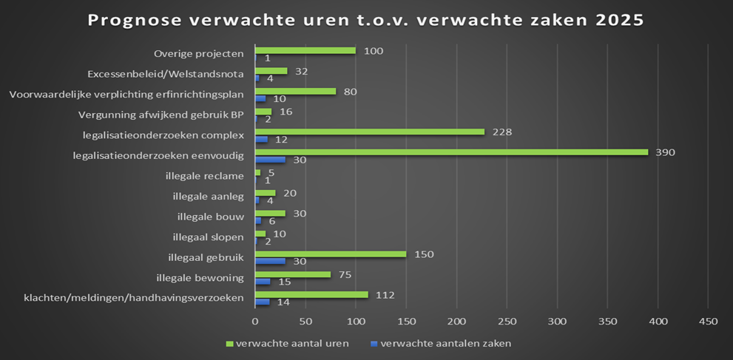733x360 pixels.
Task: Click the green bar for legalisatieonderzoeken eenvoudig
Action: pyautogui.click(x=451, y=152)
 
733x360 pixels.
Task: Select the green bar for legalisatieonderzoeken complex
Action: pyautogui.click(x=370, y=132)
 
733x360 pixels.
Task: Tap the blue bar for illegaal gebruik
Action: pyautogui.click(x=270, y=261)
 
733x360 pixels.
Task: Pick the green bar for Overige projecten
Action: pyautogui.click(x=305, y=50)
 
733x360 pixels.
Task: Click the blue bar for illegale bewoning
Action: pyautogui.click(x=263, y=282)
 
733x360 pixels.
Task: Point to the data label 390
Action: pyautogui.click(x=666, y=152)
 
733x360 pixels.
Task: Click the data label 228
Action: pyautogui.click(x=502, y=132)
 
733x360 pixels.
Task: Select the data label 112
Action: pyautogui.click(x=385, y=294)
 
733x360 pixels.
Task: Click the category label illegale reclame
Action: pyautogui.click(x=208, y=176)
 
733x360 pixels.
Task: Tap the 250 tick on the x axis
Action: pyautogui.click(x=507, y=322)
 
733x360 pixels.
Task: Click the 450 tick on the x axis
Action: pyautogui.click(x=708, y=322)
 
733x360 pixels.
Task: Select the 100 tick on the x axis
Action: pyautogui.click(x=356, y=322)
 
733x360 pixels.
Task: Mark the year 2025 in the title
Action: pyautogui.click(x=620, y=20)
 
